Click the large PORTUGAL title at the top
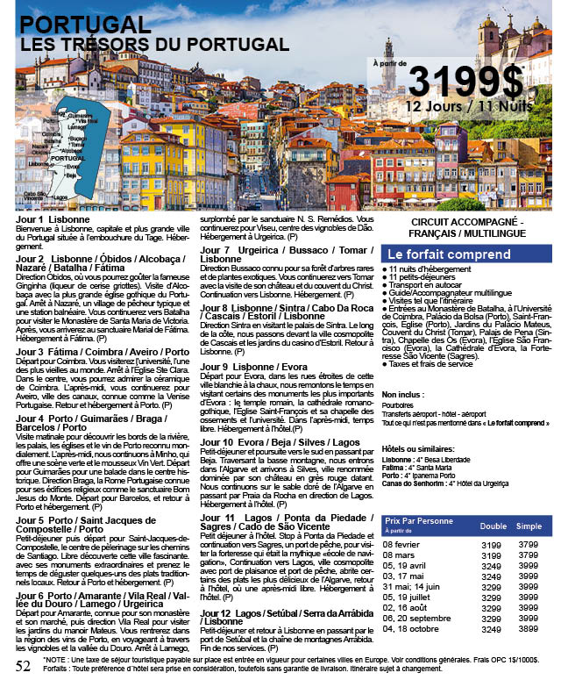[x=85, y=24]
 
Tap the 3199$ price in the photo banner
[x=465, y=82]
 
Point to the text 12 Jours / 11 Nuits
[x=468, y=105]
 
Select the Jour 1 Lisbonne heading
[x=53, y=218]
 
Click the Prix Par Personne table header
[x=420, y=520]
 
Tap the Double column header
[x=493, y=526]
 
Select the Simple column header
[x=529, y=526]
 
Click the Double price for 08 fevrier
[x=493, y=544]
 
